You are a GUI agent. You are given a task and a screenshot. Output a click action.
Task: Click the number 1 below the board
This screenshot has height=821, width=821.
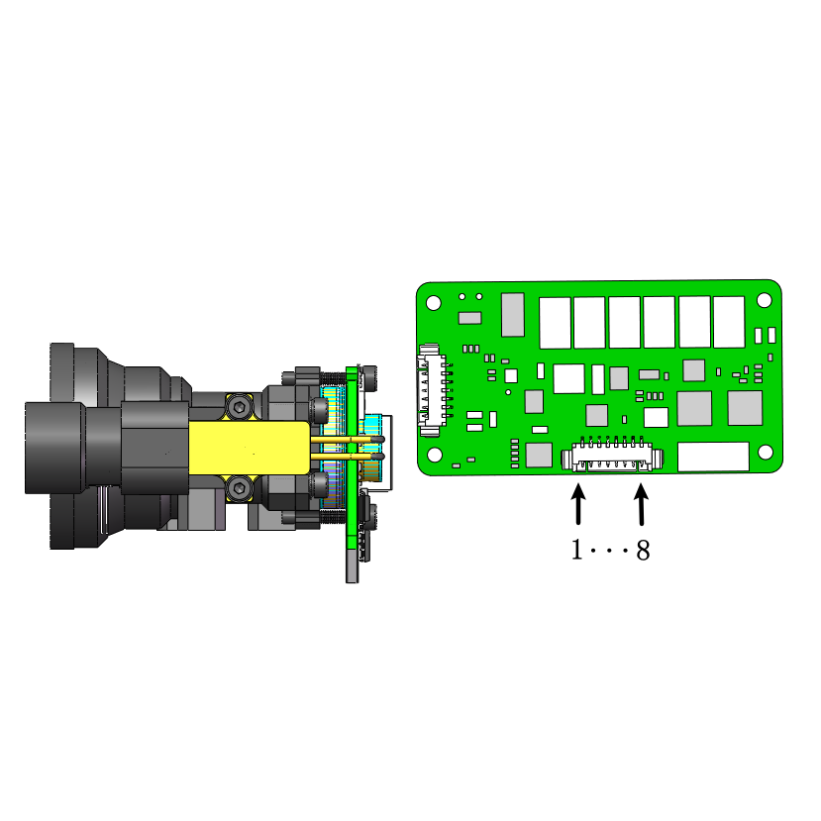click(576, 550)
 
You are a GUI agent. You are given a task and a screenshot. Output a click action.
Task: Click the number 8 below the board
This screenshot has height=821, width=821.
click(643, 551)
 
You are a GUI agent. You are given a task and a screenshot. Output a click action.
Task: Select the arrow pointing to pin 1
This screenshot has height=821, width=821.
click(578, 504)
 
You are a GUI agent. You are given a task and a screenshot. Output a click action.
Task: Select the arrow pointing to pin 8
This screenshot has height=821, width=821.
click(642, 504)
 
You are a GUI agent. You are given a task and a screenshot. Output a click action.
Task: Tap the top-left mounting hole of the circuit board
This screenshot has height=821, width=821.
click(434, 303)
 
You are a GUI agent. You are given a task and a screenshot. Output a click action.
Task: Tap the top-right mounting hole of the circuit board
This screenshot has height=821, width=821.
click(764, 300)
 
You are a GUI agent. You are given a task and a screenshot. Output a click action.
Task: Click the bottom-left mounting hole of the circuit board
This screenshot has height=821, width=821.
click(435, 455)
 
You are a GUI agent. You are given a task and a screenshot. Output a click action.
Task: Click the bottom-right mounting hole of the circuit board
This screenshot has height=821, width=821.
click(766, 452)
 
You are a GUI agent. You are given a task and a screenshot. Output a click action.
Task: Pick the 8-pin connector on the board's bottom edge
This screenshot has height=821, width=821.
click(612, 455)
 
